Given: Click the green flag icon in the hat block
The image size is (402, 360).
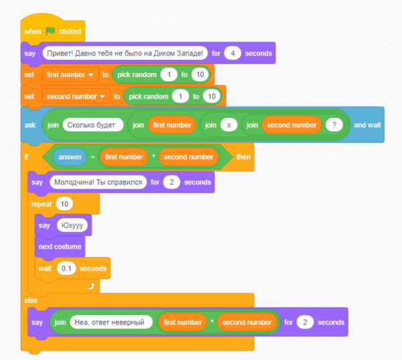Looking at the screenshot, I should coord(51,31).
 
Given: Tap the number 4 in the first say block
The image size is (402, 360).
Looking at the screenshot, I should coord(232,53).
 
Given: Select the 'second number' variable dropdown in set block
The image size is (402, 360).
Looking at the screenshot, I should coord(76,97).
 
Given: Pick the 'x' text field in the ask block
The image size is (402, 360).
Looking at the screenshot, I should coord(228,125).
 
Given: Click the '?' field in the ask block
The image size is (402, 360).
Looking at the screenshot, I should coord(333,125).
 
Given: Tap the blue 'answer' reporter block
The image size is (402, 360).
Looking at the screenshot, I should coord(70,157).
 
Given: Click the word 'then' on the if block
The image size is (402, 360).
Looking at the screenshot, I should coord(243,157).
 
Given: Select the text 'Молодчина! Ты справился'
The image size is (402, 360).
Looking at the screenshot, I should coord(97,182).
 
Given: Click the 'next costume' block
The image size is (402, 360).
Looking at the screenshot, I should coord(60,247).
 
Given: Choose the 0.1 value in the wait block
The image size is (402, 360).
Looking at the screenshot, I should coord(65,268).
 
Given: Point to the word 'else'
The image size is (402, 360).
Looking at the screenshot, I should coord(31,300).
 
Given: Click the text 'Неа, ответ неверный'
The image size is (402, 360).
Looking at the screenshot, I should coord(107,322).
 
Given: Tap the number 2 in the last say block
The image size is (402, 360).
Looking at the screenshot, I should coord(305,322).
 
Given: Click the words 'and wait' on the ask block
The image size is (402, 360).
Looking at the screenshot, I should coord(367,125).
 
